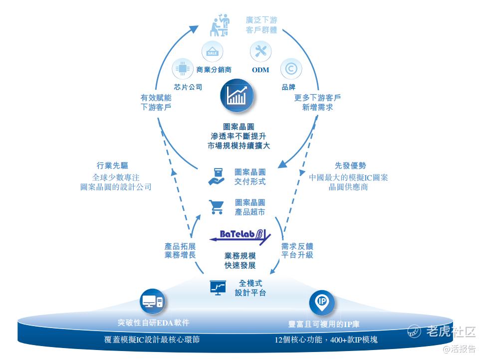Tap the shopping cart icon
click(217, 206)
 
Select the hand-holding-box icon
click(217, 177)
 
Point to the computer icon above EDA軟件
click(153, 301)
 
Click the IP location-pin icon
click(322, 301)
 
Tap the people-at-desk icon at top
click(220, 25)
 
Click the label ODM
click(260, 70)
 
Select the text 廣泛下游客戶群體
click(261, 25)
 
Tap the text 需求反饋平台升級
click(297, 251)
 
